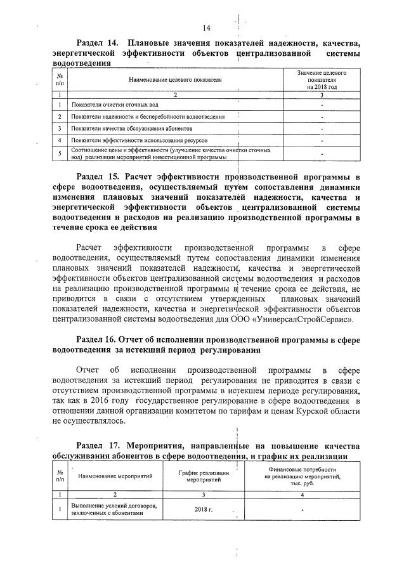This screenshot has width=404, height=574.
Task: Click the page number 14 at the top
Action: point(206,28)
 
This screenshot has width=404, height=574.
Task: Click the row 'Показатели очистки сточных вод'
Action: point(115,104)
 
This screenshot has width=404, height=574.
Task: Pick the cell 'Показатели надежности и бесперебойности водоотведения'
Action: point(148,117)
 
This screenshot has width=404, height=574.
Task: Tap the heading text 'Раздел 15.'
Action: point(98,176)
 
